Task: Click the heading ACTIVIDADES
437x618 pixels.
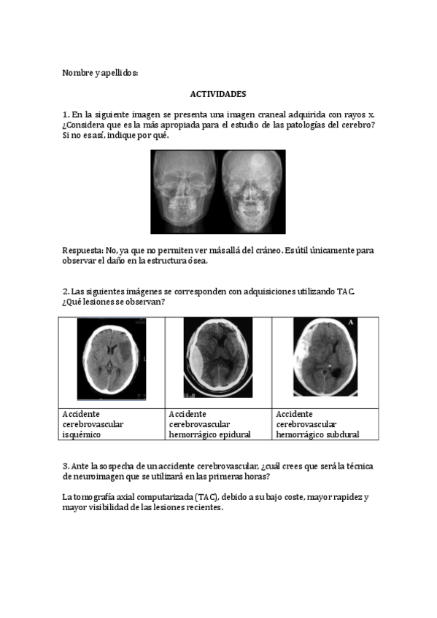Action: point(218,94)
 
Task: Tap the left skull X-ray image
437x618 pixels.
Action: point(184,191)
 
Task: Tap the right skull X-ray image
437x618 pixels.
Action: point(252,191)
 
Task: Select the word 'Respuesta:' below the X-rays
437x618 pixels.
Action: point(82,250)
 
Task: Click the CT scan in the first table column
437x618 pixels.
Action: point(112,359)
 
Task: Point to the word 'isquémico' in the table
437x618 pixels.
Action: point(81,434)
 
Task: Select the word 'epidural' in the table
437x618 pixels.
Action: point(235,434)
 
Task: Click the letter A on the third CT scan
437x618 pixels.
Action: point(352,322)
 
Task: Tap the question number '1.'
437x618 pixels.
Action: point(66,114)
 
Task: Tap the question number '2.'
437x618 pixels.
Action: point(66,292)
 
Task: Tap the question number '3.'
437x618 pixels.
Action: point(66,466)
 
